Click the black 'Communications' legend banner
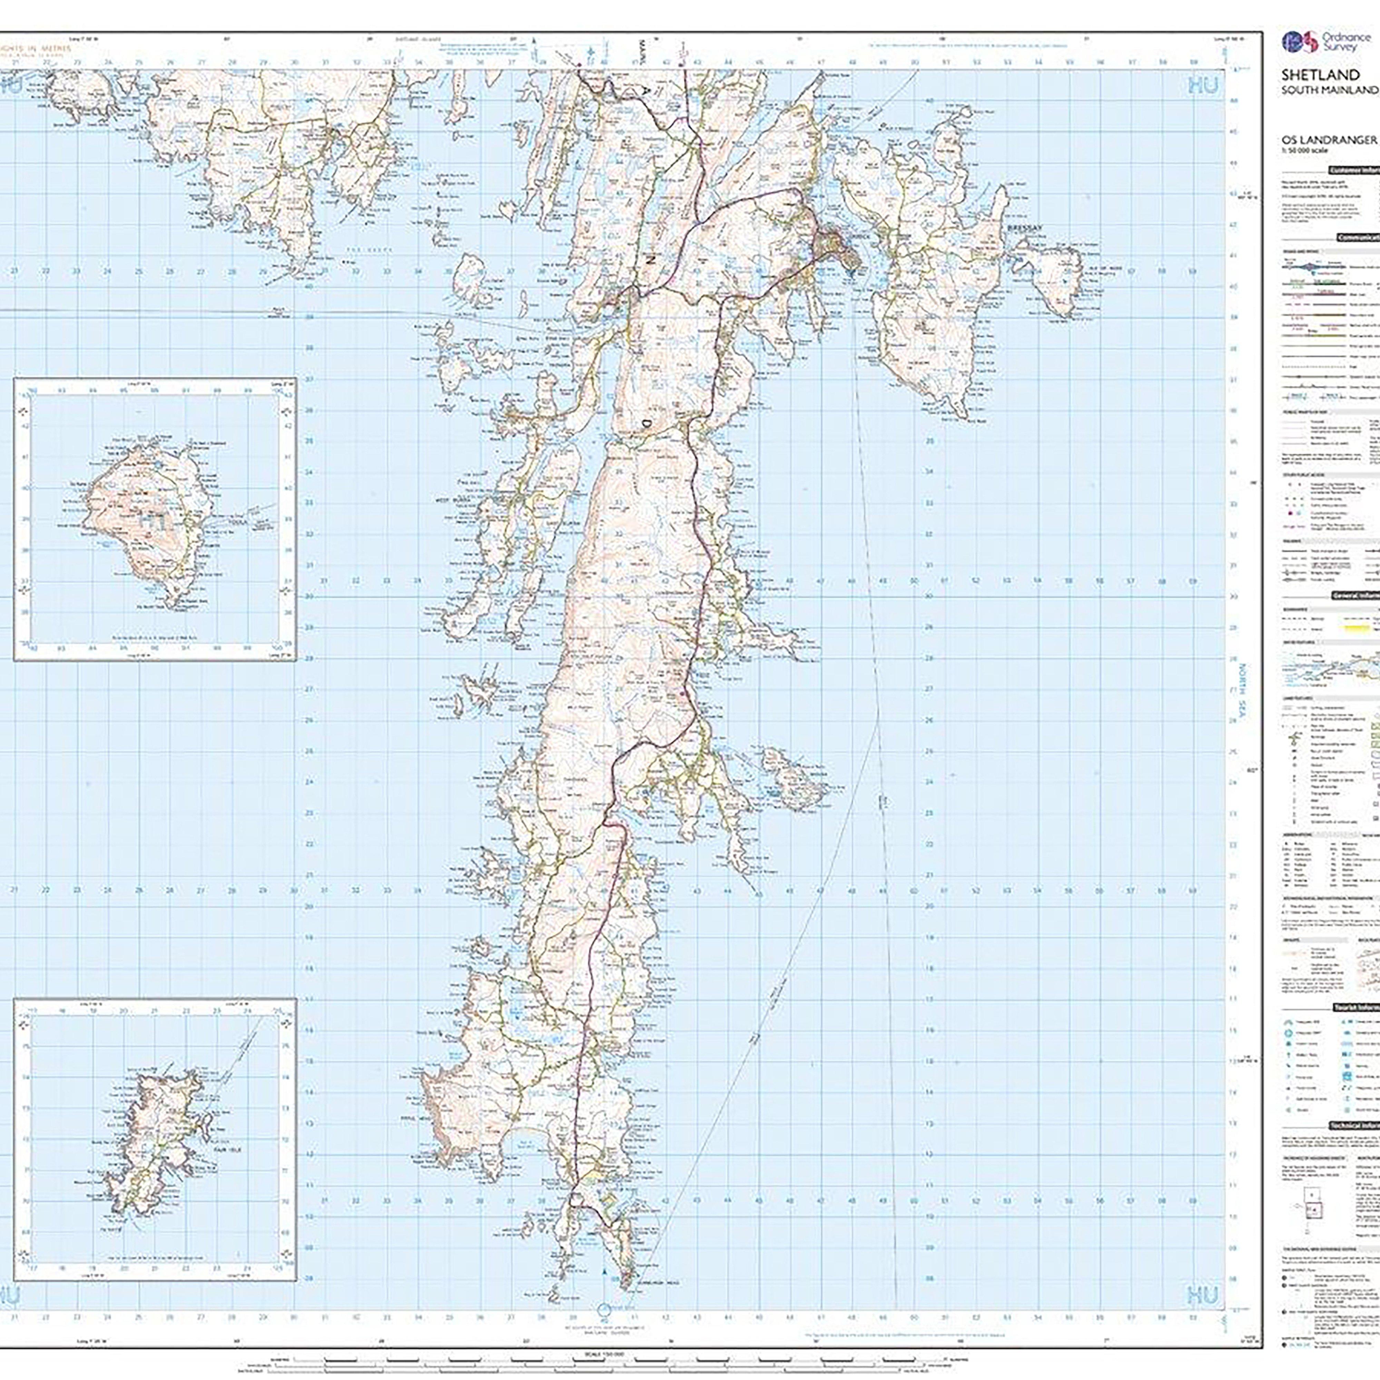1357,238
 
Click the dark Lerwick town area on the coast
836,246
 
